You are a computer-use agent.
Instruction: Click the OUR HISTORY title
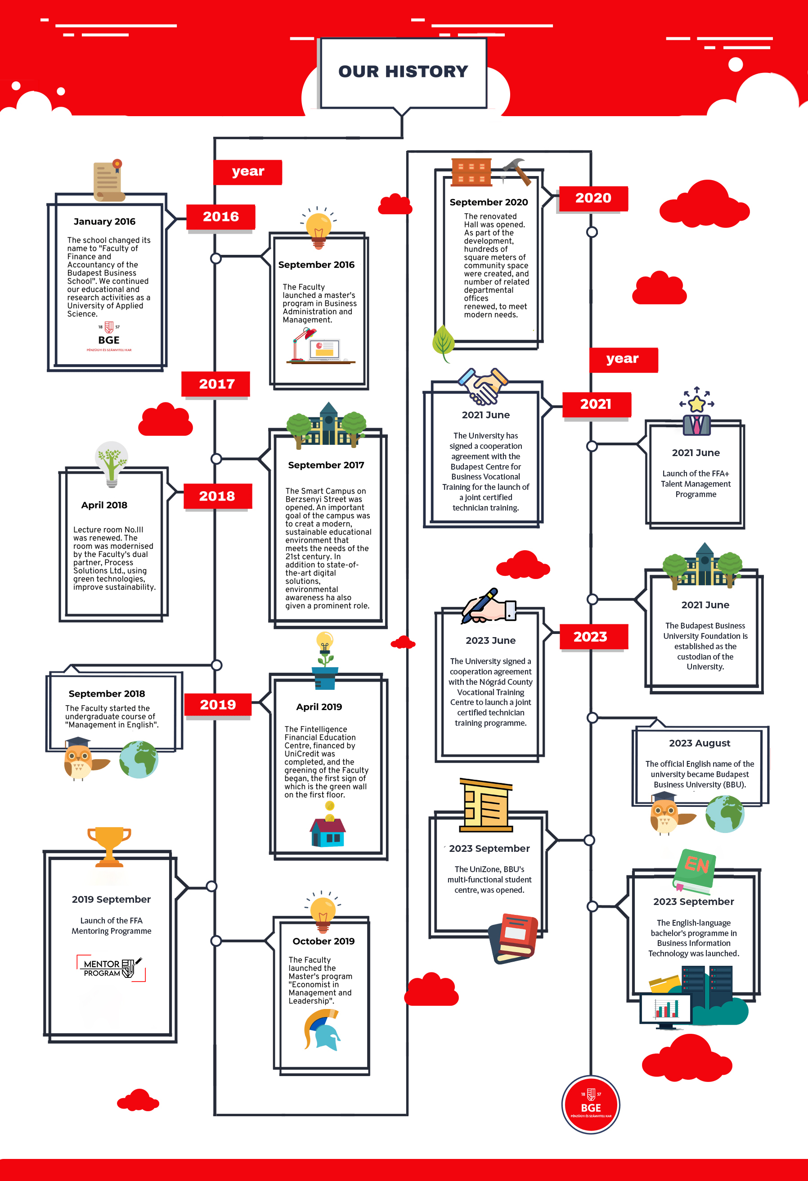point(403,71)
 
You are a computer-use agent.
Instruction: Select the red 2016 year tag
point(220,217)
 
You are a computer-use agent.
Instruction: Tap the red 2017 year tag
point(216,384)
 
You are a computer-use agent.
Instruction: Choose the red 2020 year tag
point(593,198)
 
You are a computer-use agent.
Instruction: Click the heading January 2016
point(105,222)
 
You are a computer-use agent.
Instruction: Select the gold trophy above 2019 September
point(109,846)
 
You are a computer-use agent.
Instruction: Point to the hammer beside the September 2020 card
point(517,171)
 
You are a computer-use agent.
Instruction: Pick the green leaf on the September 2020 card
point(443,343)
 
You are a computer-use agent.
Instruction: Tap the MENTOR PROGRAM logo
point(111,968)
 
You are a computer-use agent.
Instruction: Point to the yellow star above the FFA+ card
point(697,404)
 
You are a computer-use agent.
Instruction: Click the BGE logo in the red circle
point(591,1105)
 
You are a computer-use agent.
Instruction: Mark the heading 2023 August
point(699,743)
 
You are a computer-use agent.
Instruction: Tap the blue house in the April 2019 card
point(328,832)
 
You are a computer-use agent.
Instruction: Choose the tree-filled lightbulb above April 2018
point(112,462)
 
